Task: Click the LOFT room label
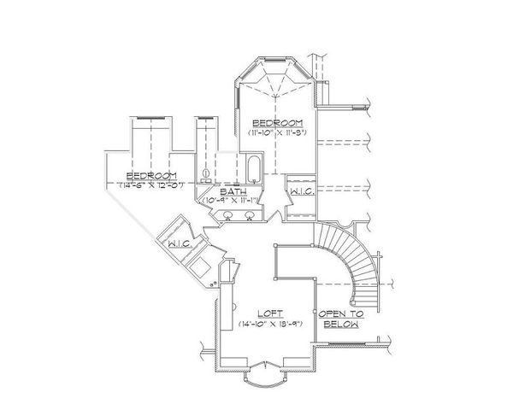(274, 313)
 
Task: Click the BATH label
(229, 192)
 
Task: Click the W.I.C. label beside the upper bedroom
(302, 193)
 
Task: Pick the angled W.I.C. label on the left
(179, 244)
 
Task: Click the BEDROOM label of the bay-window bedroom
(279, 124)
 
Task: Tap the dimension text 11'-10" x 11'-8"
(279, 134)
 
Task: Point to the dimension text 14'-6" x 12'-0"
(153, 184)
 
